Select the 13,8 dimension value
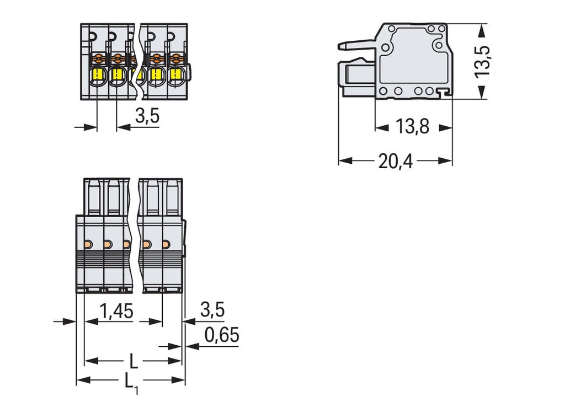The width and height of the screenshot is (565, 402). (x=413, y=127)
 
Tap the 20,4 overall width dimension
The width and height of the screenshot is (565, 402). (x=395, y=161)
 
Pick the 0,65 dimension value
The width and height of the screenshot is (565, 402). (x=222, y=335)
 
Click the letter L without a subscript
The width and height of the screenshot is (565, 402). (x=133, y=361)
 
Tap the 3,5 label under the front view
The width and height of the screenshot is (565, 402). (x=147, y=116)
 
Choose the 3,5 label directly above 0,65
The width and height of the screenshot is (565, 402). (x=212, y=310)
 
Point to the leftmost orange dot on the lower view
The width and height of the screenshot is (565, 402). (x=87, y=244)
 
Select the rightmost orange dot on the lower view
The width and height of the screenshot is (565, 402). (x=166, y=244)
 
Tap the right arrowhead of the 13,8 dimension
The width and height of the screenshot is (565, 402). (x=446, y=127)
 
